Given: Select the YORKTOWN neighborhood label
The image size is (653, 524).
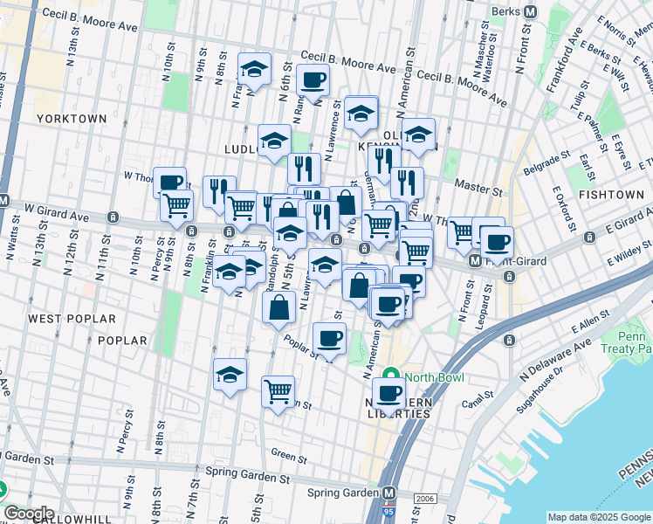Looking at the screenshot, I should (x=72, y=118).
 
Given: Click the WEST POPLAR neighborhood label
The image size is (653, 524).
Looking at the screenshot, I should (x=60, y=319).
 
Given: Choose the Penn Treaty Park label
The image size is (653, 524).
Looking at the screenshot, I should (x=634, y=342).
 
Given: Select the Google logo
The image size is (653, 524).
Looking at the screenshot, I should (x=29, y=513).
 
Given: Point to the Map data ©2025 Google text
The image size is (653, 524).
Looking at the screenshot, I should (x=598, y=517).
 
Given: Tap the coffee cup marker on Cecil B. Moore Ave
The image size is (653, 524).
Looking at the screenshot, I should (x=313, y=81).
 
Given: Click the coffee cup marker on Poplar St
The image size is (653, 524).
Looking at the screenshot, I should (x=329, y=339).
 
